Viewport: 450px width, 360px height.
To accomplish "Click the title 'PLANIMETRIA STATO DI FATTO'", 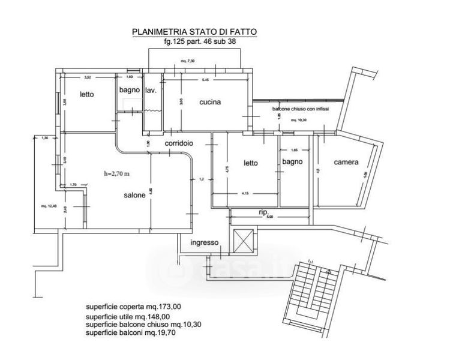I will point(196,32).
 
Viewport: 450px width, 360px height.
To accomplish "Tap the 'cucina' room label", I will point(210,102).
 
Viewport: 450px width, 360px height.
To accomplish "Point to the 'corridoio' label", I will point(179,144).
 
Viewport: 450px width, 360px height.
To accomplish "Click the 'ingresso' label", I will point(203,242).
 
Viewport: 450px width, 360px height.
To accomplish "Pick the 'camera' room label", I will point(346,162).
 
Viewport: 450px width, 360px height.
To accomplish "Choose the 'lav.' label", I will point(151,90).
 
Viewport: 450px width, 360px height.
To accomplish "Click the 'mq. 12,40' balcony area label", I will point(49,206).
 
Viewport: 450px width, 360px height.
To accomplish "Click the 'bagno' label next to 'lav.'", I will point(129,90).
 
